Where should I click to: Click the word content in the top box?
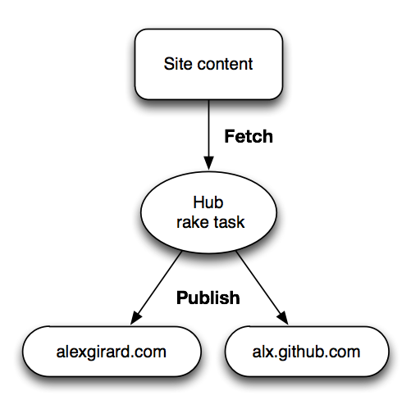click(x=225, y=64)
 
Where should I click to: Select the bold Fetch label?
click(x=249, y=136)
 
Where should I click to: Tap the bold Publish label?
click(x=208, y=298)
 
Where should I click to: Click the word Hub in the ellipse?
click(x=208, y=202)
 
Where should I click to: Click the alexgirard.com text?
click(x=112, y=352)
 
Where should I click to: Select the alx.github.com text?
click(x=306, y=352)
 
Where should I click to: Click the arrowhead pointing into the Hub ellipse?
click(x=209, y=163)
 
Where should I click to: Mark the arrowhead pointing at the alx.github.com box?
click(x=283, y=318)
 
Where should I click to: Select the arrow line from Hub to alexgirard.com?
click(x=156, y=288)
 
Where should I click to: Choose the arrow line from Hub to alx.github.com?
click(x=262, y=288)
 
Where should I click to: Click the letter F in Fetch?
click(x=229, y=136)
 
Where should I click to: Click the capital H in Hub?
click(x=199, y=202)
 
